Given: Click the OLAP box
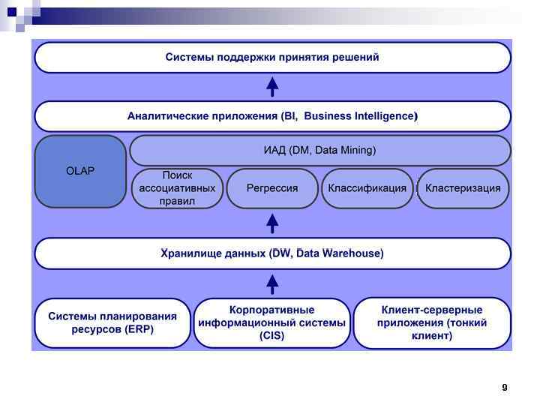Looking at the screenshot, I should coord(80,171).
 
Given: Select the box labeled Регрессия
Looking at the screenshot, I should coord(272,188).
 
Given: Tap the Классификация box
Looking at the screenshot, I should coord(367,188).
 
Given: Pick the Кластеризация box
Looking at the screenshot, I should coord(463,188).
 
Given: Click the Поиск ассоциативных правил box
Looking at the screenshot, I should coord(177,188).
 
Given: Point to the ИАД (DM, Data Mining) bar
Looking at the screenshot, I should coord(320,150).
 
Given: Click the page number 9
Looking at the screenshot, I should coord(505,387).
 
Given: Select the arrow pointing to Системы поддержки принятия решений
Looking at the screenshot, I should coord(273,86).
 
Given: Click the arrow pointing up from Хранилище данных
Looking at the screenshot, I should coord(273,222).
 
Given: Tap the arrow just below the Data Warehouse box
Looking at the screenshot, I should coord(273,283).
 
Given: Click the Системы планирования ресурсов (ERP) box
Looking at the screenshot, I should coord(112,323).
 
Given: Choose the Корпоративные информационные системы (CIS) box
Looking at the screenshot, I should coord(272,323).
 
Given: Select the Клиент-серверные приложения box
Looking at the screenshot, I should coord(432,323).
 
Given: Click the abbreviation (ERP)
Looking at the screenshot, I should coord(139,330).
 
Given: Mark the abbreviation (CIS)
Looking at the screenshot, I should coord(272,337).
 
